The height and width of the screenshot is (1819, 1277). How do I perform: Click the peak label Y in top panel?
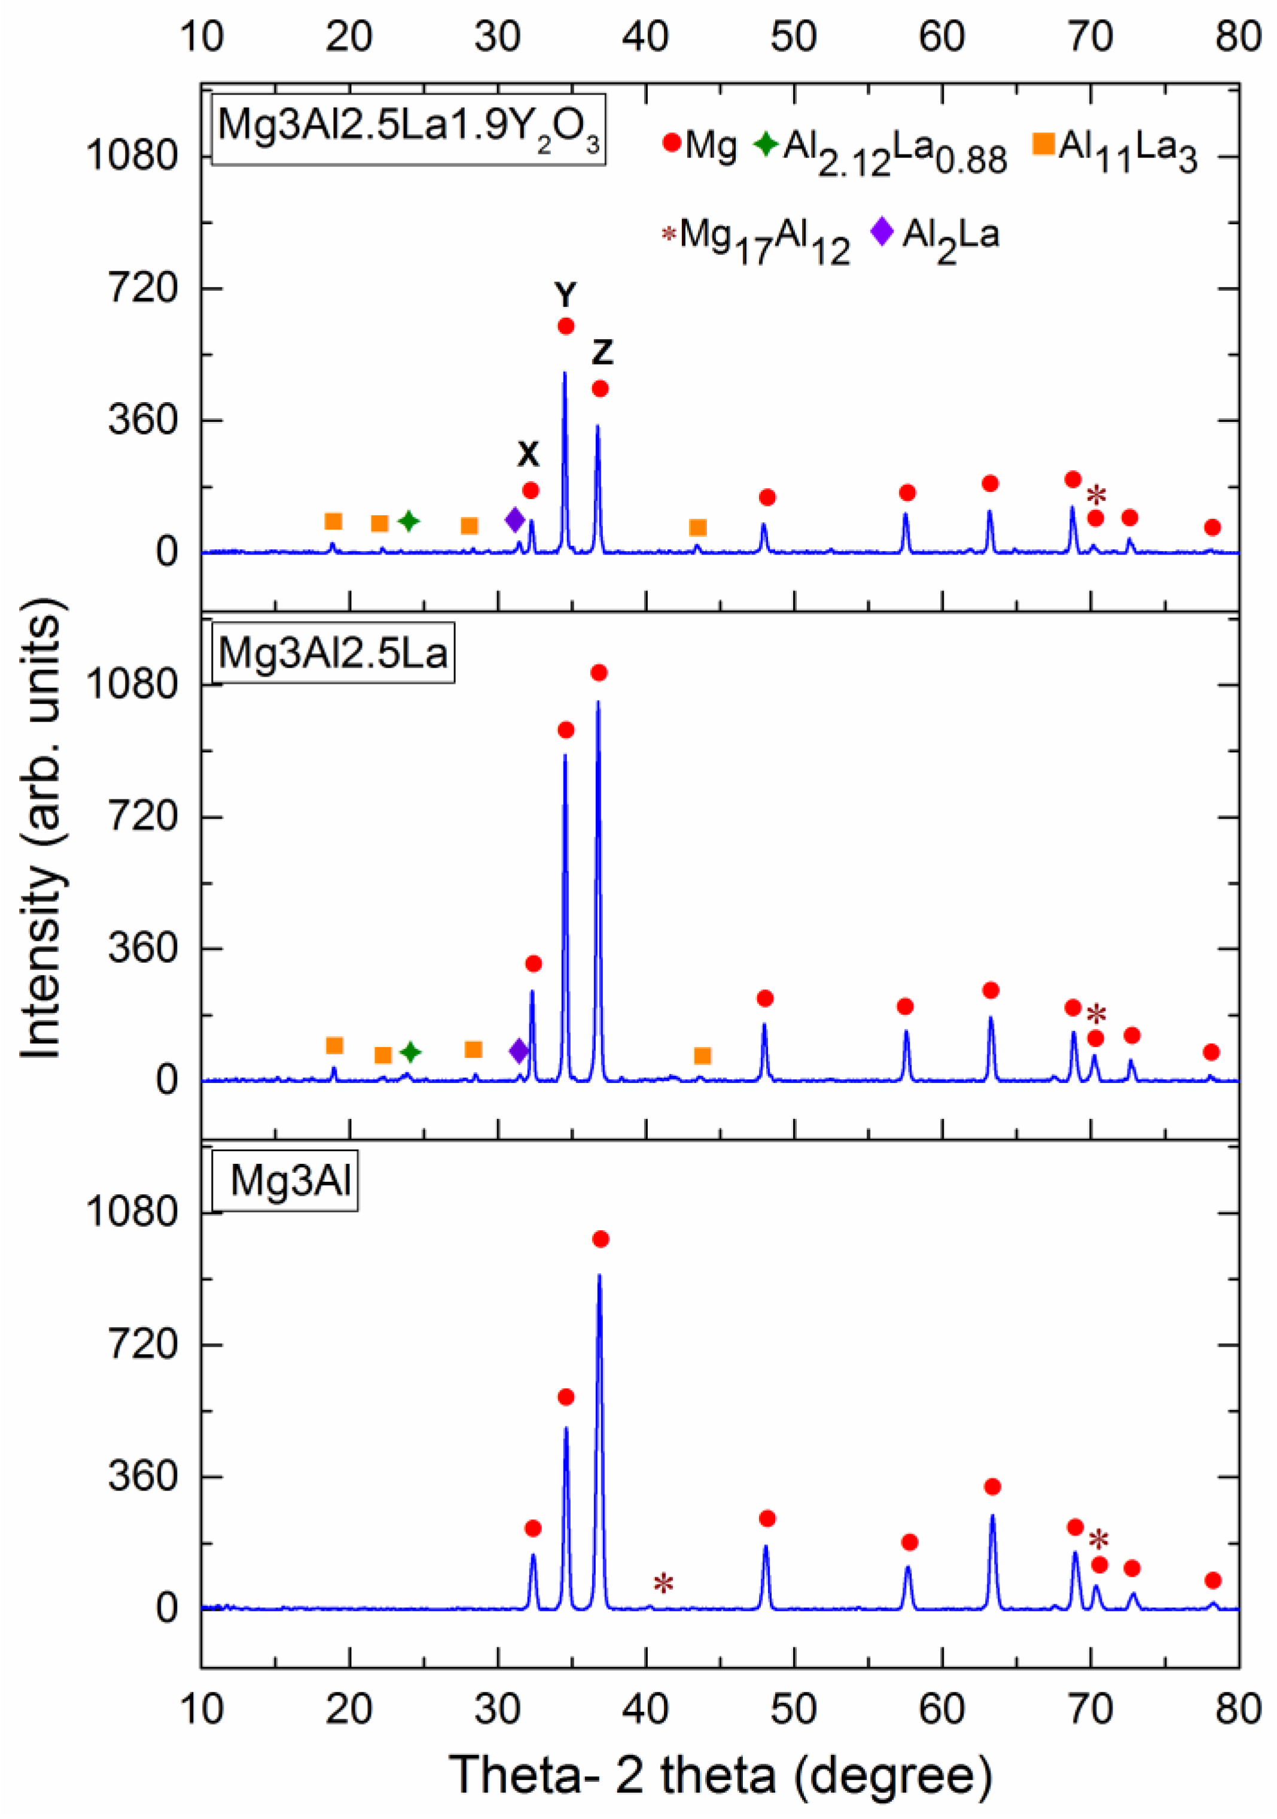pyautogui.click(x=565, y=295)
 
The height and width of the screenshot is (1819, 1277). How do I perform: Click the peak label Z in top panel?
pyautogui.click(x=602, y=352)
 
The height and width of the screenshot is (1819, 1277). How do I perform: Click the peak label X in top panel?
pyautogui.click(x=528, y=455)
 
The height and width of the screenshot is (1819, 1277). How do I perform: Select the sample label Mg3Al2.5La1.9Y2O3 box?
pyautogui.click(x=408, y=130)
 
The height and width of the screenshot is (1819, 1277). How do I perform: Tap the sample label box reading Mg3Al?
pyautogui.click(x=290, y=1181)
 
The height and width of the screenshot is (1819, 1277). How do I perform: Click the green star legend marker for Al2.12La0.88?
pyautogui.click(x=766, y=144)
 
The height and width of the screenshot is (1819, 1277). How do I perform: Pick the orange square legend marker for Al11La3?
pyautogui.click(x=1043, y=144)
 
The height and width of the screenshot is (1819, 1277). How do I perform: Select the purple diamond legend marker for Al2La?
pyautogui.click(x=882, y=232)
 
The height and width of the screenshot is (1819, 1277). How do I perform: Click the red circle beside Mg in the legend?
pyautogui.click(x=672, y=144)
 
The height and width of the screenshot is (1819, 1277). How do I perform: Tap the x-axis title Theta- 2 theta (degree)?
pyautogui.click(x=720, y=1773)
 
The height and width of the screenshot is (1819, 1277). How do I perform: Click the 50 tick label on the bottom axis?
pyautogui.click(x=793, y=1710)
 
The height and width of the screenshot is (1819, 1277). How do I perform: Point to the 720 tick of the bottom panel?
pyautogui.click(x=142, y=1345)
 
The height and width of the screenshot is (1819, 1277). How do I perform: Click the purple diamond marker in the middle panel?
pyautogui.click(x=519, y=1051)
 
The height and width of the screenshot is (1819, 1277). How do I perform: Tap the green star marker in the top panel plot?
pyautogui.click(x=409, y=521)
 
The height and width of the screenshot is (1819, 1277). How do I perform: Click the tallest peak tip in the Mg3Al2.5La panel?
pyautogui.click(x=598, y=702)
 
